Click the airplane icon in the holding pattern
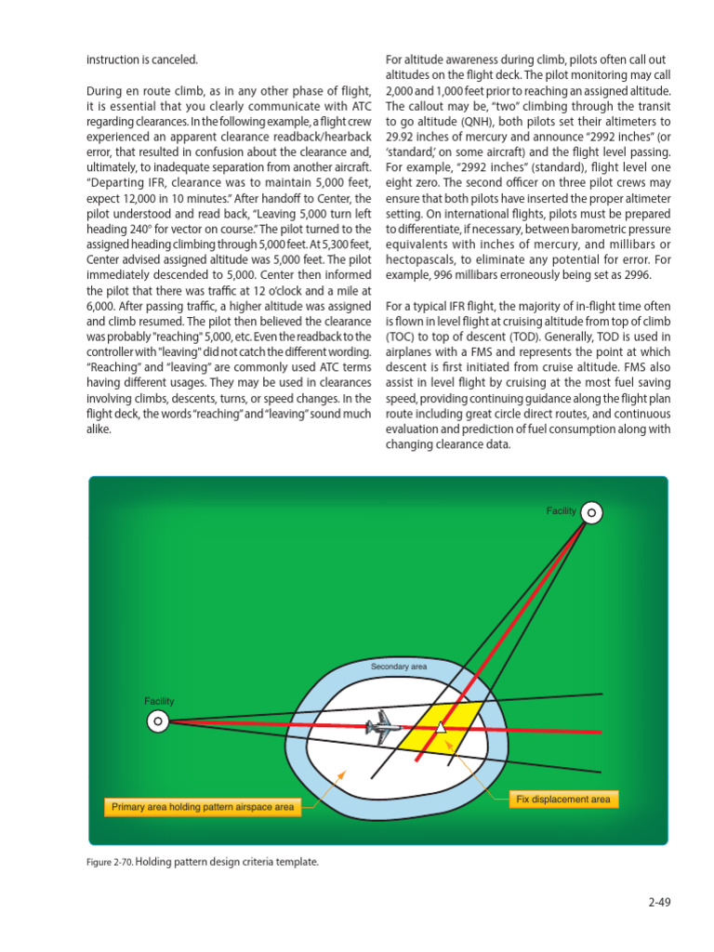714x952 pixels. (380, 727)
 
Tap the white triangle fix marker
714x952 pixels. (441, 728)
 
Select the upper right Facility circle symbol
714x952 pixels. (592, 512)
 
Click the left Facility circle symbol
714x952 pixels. (158, 721)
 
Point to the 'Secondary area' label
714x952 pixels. (399, 668)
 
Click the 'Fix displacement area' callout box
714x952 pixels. (562, 800)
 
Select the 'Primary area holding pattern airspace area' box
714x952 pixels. (203, 807)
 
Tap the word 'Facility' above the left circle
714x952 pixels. (159, 701)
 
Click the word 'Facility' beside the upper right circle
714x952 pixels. (562, 511)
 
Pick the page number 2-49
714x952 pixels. (659, 901)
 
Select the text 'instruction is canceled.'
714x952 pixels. (142, 59)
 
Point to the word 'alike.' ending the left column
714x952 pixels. (99, 430)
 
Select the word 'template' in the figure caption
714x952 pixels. (297, 862)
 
